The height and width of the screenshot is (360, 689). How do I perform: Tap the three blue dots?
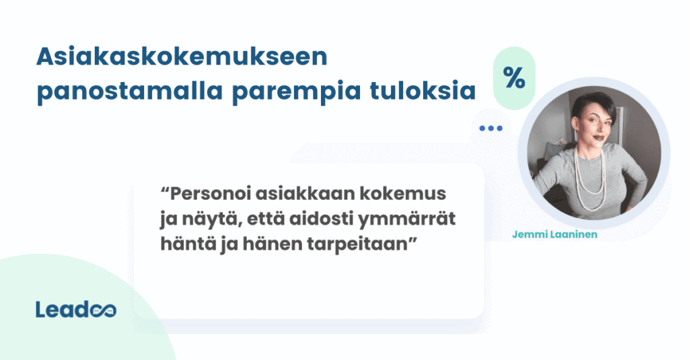491,128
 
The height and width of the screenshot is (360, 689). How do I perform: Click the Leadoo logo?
75,309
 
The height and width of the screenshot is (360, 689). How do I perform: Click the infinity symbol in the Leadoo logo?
103,310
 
